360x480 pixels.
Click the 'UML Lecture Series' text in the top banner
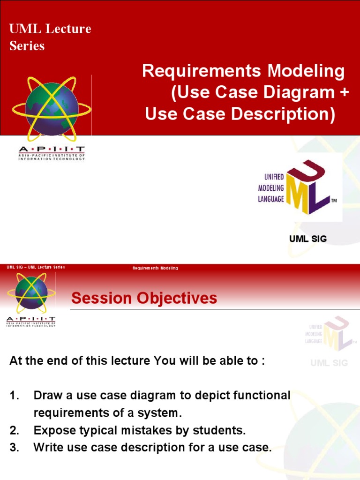point(50,37)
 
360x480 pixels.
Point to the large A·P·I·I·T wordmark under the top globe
point(52,150)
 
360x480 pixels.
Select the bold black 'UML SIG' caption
point(308,239)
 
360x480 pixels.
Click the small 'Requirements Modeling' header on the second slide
point(155,268)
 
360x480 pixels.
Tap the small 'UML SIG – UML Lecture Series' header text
point(36,267)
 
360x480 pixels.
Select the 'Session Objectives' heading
point(144,298)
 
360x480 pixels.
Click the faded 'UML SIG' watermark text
point(329,363)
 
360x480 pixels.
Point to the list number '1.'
point(14,396)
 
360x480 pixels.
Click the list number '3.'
point(14,448)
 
